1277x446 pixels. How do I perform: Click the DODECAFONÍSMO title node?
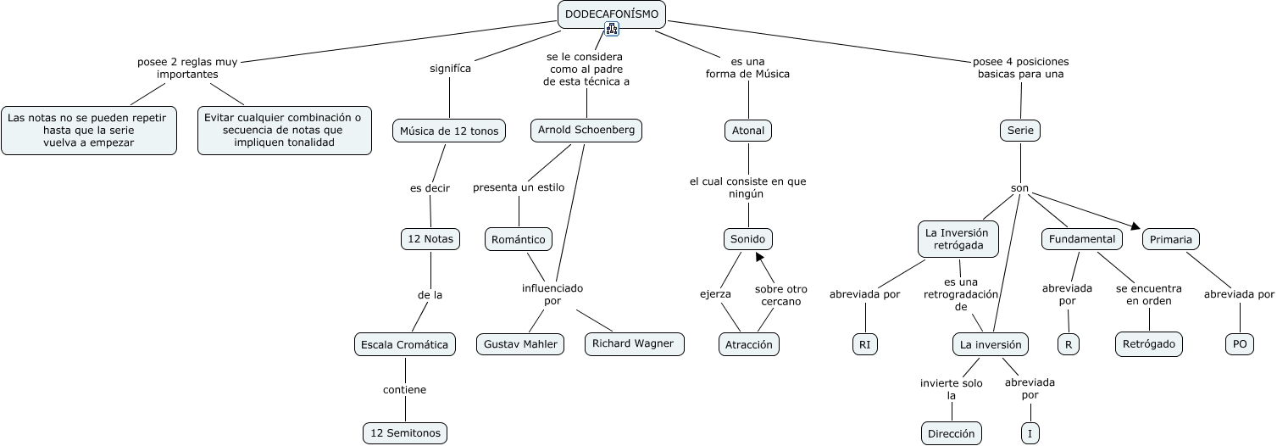(x=612, y=13)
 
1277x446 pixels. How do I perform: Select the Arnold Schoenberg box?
(x=586, y=131)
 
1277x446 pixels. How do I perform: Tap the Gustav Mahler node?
(x=520, y=344)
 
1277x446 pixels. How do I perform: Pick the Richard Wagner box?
(x=633, y=343)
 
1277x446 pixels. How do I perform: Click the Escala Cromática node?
(x=405, y=344)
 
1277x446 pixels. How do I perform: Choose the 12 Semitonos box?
(x=405, y=433)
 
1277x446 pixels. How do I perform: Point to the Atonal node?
(x=748, y=131)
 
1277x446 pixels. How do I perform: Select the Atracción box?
(x=749, y=344)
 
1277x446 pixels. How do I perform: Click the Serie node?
(x=1020, y=131)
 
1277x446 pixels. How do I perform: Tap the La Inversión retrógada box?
(x=958, y=239)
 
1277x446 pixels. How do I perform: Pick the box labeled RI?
(x=864, y=344)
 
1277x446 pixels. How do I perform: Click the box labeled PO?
(x=1240, y=344)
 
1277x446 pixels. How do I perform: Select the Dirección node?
(x=952, y=433)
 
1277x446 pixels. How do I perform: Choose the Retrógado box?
(x=1148, y=344)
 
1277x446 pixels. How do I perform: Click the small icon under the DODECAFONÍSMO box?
(x=612, y=29)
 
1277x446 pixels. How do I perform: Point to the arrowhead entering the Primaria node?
(x=1136, y=226)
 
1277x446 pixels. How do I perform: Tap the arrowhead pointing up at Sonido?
(x=759, y=255)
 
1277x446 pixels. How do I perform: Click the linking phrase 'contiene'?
(x=404, y=390)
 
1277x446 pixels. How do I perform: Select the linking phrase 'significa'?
(x=450, y=69)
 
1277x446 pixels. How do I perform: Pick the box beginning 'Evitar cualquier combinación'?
(x=285, y=131)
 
